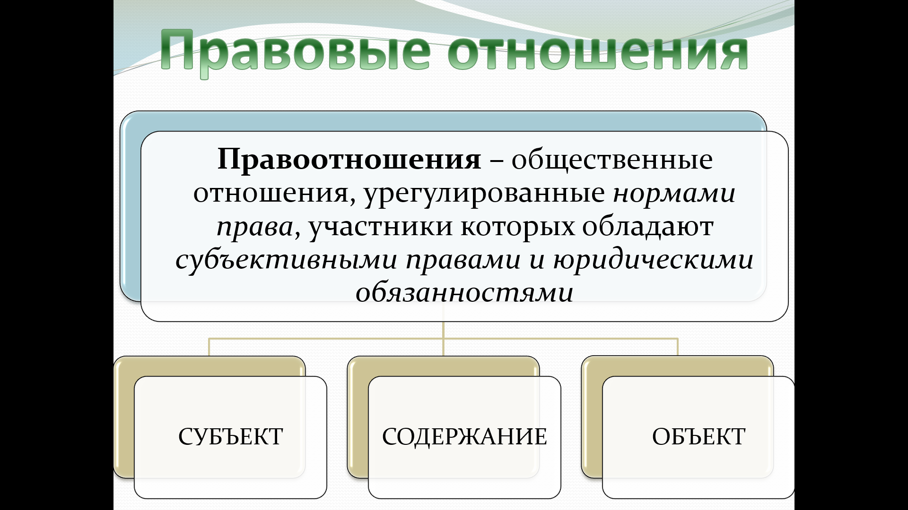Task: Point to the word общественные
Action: point(612,160)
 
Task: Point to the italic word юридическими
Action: point(653,260)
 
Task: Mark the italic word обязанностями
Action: point(464,292)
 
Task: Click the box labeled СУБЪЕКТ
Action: point(231,437)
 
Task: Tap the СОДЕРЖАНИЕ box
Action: point(464,437)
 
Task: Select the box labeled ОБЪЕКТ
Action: point(698,437)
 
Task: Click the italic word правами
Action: point(463,260)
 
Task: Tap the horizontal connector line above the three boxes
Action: point(444,339)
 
